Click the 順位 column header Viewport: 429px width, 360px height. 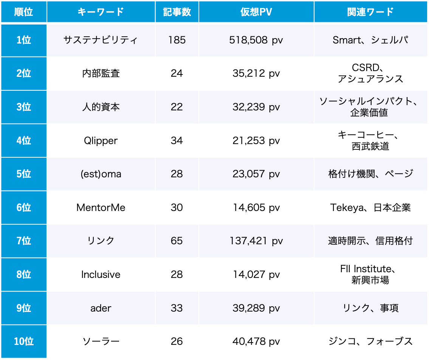[x=23, y=12]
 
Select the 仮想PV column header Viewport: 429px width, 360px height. [x=256, y=12]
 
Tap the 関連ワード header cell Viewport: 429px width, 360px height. [x=370, y=12]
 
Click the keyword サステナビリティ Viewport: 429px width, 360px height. [x=101, y=40]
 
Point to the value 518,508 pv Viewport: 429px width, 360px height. [x=256, y=40]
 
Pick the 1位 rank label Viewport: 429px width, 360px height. [x=23, y=40]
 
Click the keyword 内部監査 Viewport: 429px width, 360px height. [x=101, y=73]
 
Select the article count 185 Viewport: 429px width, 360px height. [x=177, y=40]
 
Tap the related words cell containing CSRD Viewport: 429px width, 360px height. [x=370, y=73]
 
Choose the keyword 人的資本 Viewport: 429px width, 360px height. [x=101, y=107]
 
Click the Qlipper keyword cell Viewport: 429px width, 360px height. [x=101, y=141]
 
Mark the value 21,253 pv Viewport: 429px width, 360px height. [x=256, y=141]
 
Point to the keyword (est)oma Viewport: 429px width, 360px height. [x=101, y=174]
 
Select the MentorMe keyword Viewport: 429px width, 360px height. [x=101, y=207]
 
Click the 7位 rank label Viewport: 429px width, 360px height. [x=23, y=241]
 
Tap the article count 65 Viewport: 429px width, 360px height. [x=177, y=241]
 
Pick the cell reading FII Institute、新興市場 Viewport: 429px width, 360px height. [x=370, y=274]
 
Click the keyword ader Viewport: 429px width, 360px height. [x=101, y=308]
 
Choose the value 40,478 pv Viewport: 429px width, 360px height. [x=256, y=341]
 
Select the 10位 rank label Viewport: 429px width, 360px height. [x=23, y=341]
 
